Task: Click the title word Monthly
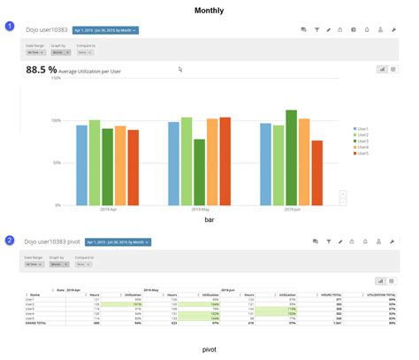209,11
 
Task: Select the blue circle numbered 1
10,27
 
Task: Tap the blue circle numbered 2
10,240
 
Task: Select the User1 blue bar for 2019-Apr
82,165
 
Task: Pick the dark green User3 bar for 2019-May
199,172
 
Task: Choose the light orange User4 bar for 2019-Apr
120,165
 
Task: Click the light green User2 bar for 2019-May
187,161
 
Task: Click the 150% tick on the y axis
55,79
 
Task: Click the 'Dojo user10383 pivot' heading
53,241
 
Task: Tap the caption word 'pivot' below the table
209,349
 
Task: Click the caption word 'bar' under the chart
209,218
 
